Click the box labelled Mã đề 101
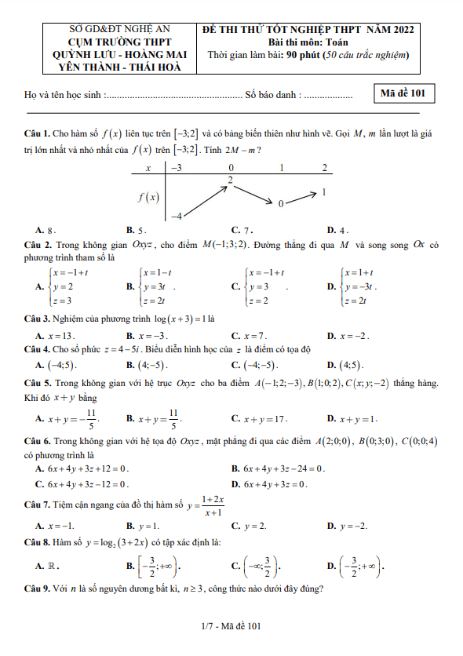[x=403, y=93]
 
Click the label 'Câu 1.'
[x=38, y=135]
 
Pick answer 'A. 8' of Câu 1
[x=46, y=231]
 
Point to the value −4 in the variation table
[x=177, y=215]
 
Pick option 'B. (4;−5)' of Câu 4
[x=147, y=365]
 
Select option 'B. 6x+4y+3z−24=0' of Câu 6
[x=279, y=468]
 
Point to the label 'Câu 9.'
[x=38, y=589]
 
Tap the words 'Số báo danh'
[x=272, y=95]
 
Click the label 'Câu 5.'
[x=38, y=384]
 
